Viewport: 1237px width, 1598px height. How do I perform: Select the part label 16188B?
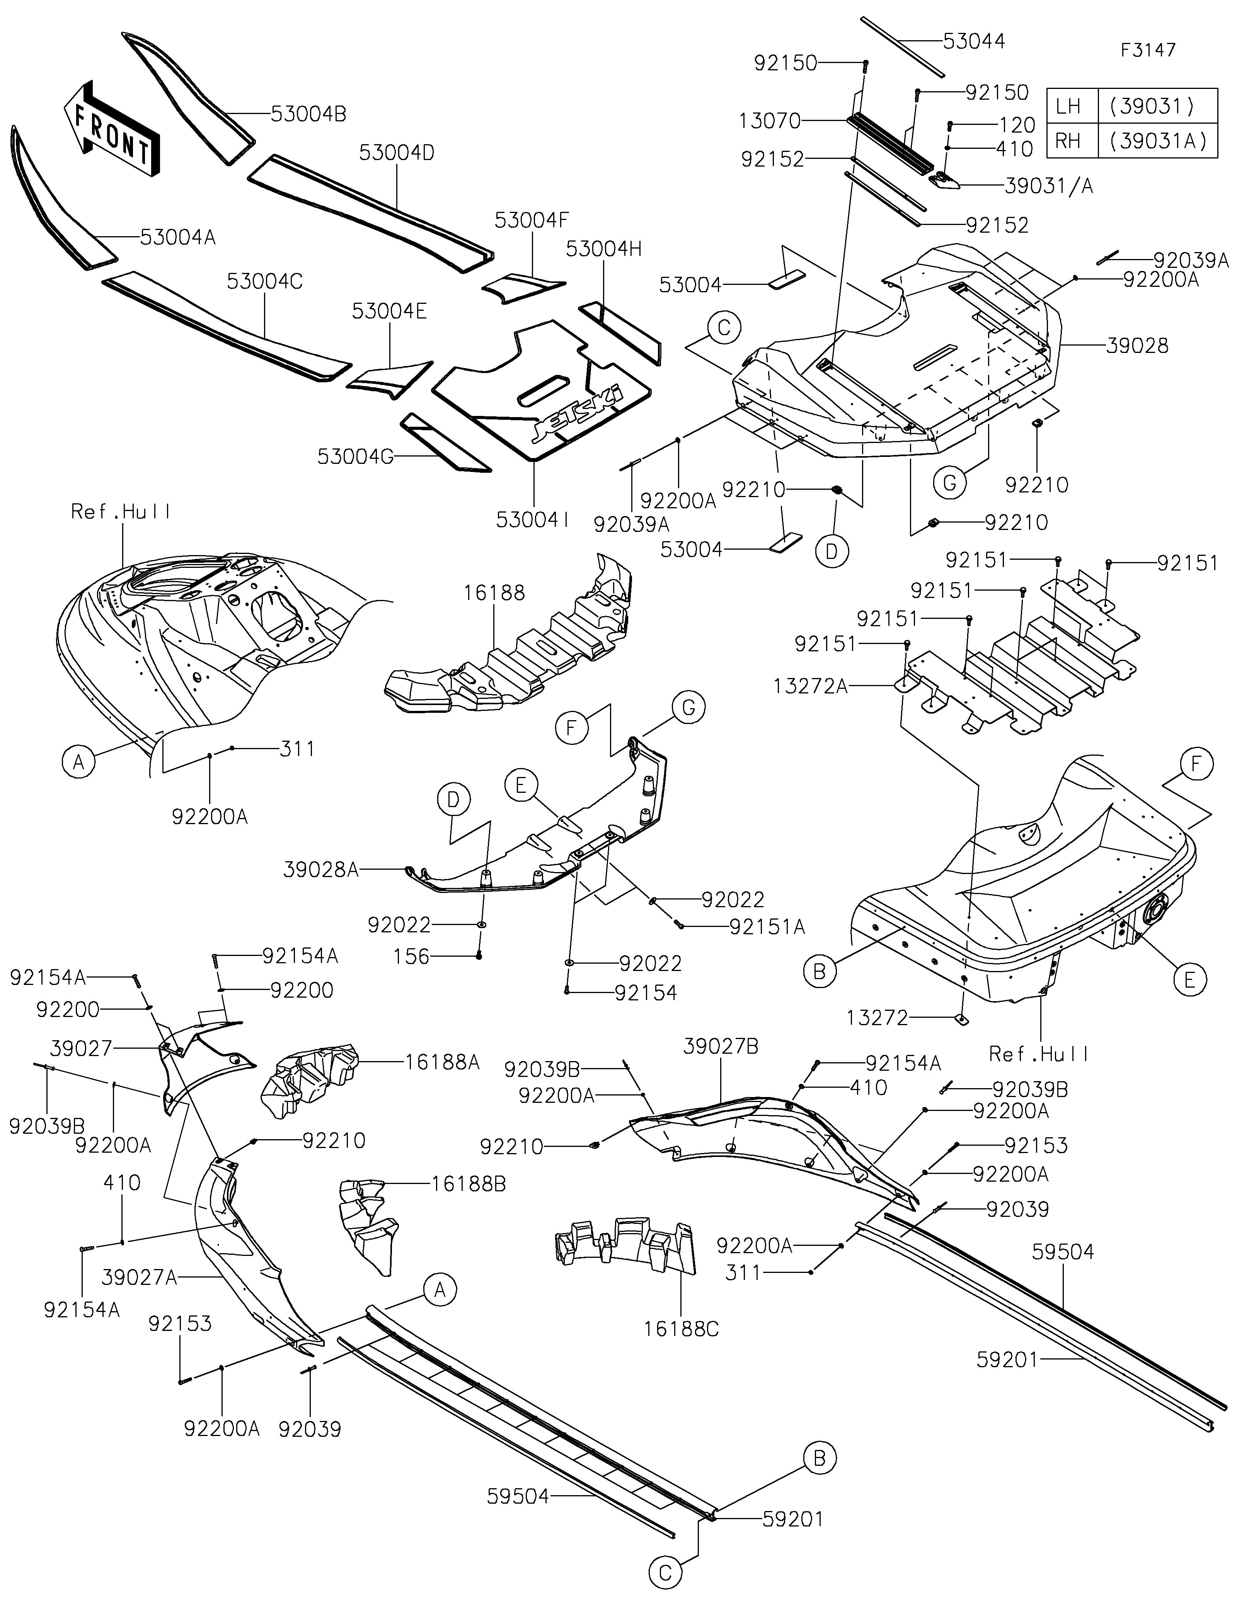click(468, 1184)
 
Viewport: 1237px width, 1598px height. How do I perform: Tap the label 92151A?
click(767, 927)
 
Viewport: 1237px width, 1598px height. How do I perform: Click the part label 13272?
click(877, 1018)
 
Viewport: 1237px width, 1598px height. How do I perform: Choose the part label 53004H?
click(603, 249)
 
